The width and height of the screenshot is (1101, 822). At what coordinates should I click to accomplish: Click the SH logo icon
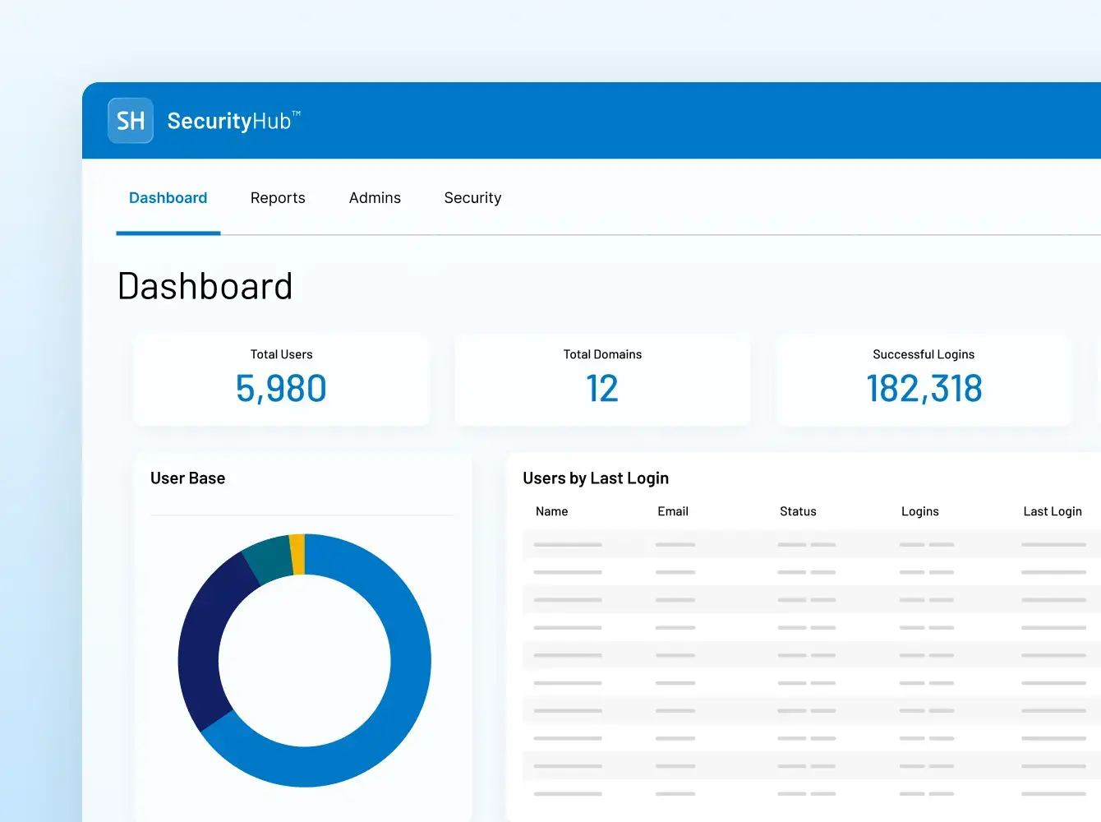[131, 121]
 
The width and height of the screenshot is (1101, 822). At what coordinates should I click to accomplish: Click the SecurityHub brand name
[230, 121]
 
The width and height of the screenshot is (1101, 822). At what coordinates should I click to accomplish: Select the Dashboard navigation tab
[168, 198]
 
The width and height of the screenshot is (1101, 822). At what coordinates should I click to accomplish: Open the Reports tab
[278, 198]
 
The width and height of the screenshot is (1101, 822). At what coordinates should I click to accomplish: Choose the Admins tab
[375, 198]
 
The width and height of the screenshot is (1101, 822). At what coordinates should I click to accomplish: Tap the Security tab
[472, 198]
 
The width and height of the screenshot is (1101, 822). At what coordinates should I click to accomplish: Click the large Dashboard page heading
[205, 287]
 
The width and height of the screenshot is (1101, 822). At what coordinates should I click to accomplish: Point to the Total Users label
[281, 354]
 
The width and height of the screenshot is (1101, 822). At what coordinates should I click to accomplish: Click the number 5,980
[281, 389]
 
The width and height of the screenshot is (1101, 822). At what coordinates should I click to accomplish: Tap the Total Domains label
[602, 354]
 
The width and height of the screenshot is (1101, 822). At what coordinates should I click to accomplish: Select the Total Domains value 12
[602, 389]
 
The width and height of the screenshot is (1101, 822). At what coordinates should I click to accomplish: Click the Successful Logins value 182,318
[924, 389]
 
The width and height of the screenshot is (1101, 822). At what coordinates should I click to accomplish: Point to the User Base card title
[187, 478]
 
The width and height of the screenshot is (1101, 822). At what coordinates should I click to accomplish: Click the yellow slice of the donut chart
[297, 554]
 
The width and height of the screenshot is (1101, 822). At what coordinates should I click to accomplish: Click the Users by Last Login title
[596, 478]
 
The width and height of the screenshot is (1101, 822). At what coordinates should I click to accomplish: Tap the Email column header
[673, 511]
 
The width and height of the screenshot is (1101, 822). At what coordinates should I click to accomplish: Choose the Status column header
[798, 511]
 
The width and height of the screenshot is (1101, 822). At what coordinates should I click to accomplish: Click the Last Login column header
[1052, 511]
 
